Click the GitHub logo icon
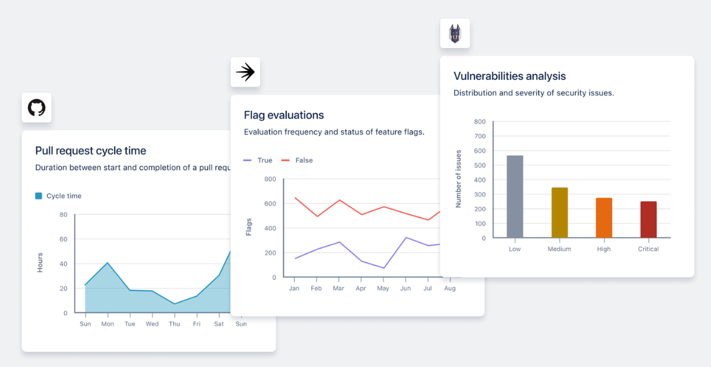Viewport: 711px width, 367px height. point(37,108)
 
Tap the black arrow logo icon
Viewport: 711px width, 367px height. point(245,72)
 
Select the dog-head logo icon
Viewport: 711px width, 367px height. point(455,33)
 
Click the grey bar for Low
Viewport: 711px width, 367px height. point(515,196)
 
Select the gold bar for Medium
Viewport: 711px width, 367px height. point(560,212)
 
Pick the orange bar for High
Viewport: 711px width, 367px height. point(604,217)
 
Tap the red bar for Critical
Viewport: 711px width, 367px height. point(648,219)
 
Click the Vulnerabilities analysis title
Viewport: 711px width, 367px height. point(509,76)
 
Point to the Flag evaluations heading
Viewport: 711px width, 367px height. point(284,115)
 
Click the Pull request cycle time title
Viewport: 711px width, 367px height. point(91,151)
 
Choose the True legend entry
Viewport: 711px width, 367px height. point(258,160)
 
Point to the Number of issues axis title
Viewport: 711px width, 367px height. point(458,179)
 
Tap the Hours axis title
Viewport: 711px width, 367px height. point(40,262)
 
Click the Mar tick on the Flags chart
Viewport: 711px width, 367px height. point(339,288)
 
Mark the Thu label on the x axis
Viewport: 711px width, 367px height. point(174,324)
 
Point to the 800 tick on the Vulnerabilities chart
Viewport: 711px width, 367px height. point(479,122)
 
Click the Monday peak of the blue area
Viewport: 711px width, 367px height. point(108,262)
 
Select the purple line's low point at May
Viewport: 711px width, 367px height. point(384,268)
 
